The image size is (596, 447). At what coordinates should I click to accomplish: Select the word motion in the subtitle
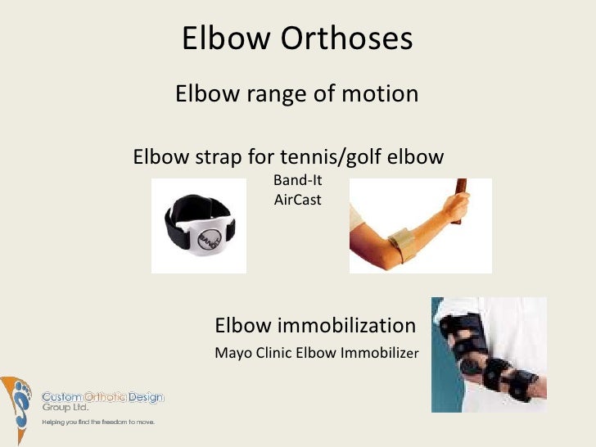coord(374,95)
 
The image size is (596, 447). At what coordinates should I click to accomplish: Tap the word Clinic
coord(273,354)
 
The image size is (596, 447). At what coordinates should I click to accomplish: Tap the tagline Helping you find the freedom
coord(98,422)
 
